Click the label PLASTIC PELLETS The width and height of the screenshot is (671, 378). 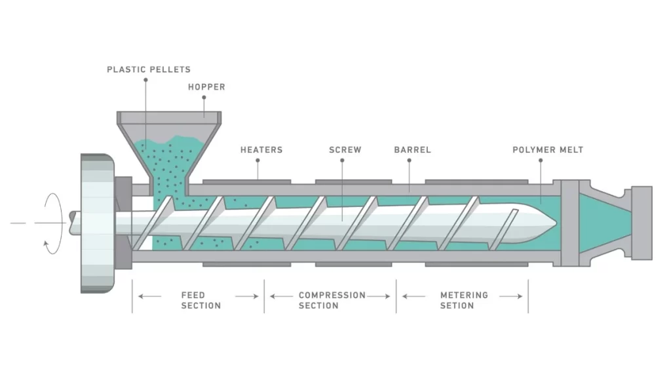tap(149, 69)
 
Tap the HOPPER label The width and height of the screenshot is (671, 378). tap(206, 87)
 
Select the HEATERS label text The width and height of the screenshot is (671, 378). tap(261, 150)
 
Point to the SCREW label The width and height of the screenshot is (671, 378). tap(345, 150)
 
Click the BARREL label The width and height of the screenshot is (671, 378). tap(412, 150)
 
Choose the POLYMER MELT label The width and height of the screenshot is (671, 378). tap(547, 150)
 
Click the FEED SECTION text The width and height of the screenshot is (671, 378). tap(201, 300)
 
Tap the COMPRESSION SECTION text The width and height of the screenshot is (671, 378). tap(332, 300)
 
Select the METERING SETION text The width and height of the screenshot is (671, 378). tap(464, 300)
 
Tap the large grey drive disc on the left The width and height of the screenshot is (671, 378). tap(97, 223)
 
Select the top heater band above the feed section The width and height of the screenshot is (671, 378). tap(247, 180)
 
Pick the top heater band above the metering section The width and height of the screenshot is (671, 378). tap(476, 180)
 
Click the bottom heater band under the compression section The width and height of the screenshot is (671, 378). tap(353, 265)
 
